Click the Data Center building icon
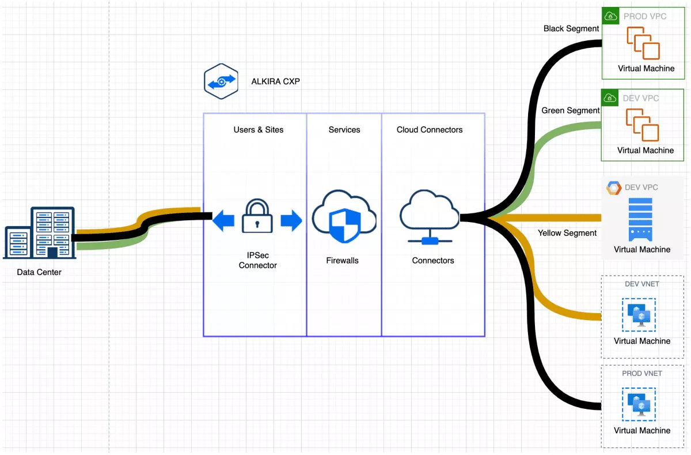(x=40, y=234)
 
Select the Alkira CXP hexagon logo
(x=221, y=81)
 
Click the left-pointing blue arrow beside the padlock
(x=223, y=221)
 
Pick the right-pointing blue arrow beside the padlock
(x=291, y=221)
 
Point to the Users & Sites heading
(x=259, y=130)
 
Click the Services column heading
(x=344, y=130)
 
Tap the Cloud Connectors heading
(x=430, y=130)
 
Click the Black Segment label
(x=571, y=28)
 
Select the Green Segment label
(x=571, y=110)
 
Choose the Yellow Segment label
(x=567, y=233)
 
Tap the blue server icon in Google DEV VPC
(x=640, y=219)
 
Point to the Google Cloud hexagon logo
(x=613, y=187)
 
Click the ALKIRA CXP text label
(x=275, y=81)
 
